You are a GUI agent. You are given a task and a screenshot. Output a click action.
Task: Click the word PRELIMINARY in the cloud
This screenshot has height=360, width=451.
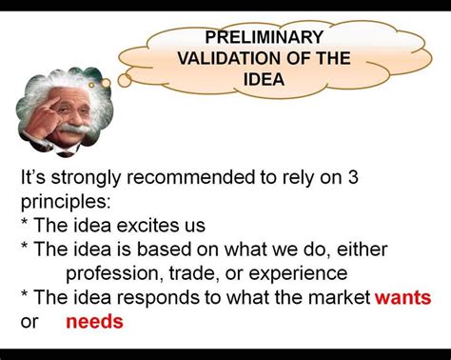point(265,37)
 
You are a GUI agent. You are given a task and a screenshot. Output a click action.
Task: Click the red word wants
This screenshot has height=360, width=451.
point(402,297)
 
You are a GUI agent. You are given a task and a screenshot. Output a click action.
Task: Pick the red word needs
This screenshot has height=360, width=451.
point(94,321)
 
